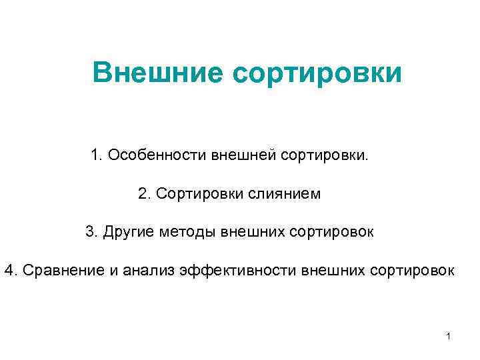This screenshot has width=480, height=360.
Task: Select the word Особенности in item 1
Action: (157, 155)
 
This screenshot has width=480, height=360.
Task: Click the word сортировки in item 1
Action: (324, 156)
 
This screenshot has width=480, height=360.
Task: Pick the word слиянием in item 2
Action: (285, 194)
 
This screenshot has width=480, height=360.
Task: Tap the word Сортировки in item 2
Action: (200, 194)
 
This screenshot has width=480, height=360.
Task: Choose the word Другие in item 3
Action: (127, 232)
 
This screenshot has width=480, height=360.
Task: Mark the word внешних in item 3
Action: (247, 232)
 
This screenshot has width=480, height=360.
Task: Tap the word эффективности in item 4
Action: (239, 271)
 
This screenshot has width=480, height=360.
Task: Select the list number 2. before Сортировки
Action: (144, 194)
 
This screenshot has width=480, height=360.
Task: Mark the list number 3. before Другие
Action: (91, 232)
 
